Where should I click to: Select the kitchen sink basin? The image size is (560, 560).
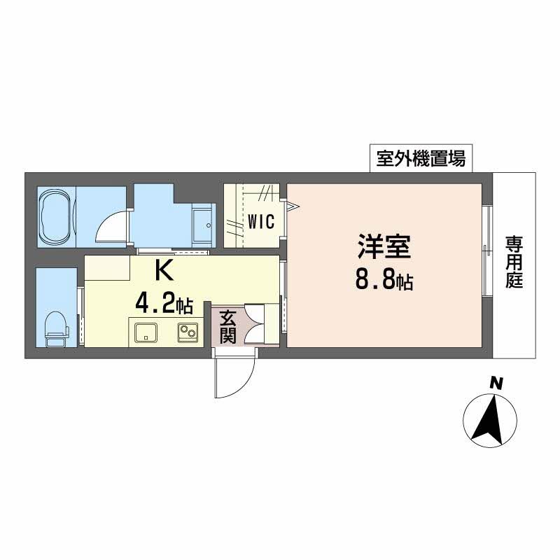(x=146, y=332)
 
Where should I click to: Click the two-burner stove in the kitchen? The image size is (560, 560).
(x=187, y=332)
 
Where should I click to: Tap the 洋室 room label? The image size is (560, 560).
(x=383, y=247)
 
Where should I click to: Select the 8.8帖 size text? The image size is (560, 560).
(x=383, y=281)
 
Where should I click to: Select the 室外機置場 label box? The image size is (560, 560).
(x=421, y=159)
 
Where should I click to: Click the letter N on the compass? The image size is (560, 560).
(x=496, y=383)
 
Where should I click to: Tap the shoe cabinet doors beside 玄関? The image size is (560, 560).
(x=263, y=325)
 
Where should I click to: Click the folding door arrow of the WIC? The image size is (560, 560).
(x=291, y=205)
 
